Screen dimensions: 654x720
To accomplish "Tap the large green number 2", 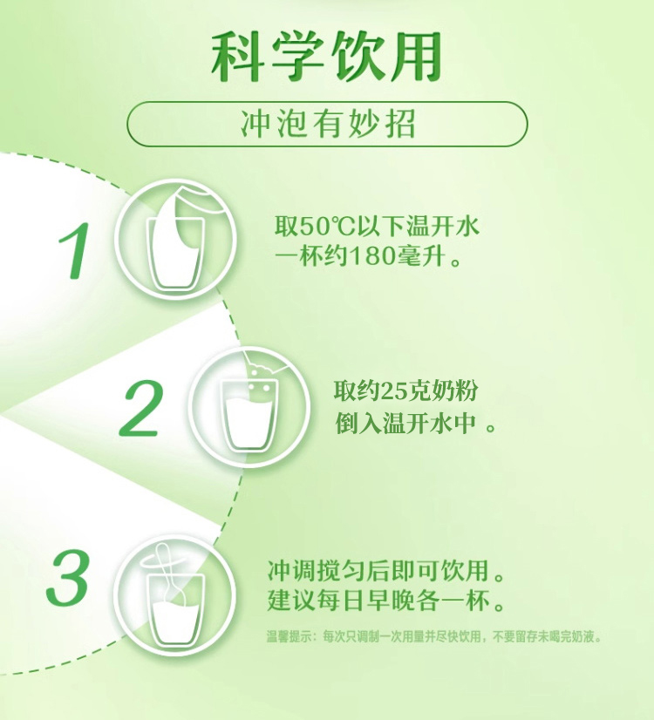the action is click(141, 409).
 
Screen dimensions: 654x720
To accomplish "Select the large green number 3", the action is click(67, 577).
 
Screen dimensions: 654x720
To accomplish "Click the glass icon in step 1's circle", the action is click(175, 254).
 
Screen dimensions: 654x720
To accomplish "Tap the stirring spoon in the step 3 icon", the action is click(174, 576).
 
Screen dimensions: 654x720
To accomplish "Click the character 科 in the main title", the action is click(239, 58).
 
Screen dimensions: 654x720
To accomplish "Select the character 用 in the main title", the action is click(413, 58).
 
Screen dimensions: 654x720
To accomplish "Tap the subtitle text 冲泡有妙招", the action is click(328, 124).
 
